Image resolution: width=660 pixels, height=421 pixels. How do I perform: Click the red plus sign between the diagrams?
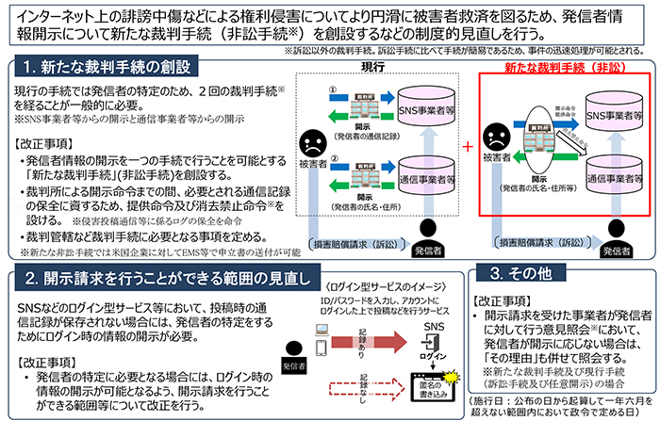tap(469, 148)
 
